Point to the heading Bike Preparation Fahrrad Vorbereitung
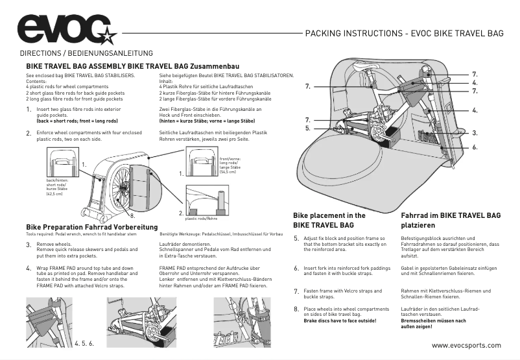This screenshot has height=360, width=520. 91,226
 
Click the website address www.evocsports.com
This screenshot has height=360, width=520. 465,345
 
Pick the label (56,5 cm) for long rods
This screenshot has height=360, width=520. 228,173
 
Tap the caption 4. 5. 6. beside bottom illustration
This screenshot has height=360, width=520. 84,342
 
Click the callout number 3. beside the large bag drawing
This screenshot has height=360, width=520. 475,132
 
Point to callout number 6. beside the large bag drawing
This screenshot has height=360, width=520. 475,147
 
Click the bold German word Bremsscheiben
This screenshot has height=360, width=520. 423,320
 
